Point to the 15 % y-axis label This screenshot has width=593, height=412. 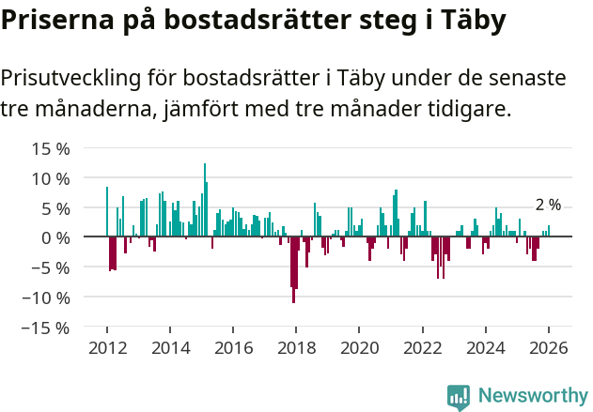click(51, 148)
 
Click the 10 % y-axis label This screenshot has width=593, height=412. click(51, 178)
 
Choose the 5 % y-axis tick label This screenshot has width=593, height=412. click(55, 208)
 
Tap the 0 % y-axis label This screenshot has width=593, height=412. click(55, 237)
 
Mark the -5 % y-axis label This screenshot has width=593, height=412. click(53, 267)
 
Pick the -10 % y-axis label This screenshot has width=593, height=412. click(48, 298)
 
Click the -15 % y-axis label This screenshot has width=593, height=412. click(48, 328)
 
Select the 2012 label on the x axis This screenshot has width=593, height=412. click(107, 347)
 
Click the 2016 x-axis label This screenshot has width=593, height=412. click(233, 347)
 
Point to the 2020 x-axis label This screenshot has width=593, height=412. click(359, 347)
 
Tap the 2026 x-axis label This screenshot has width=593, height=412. click(549, 347)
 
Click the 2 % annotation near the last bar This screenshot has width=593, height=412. click(548, 205)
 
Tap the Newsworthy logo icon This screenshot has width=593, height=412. click(459, 396)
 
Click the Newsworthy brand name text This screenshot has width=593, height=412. click(532, 396)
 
